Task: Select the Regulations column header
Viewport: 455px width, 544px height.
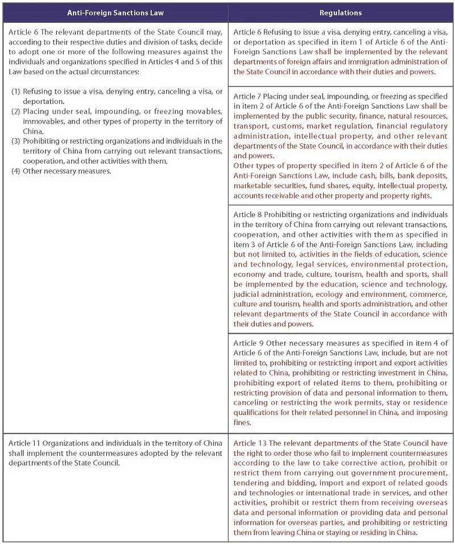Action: click(341, 12)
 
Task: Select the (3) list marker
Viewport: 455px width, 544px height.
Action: click(16, 141)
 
